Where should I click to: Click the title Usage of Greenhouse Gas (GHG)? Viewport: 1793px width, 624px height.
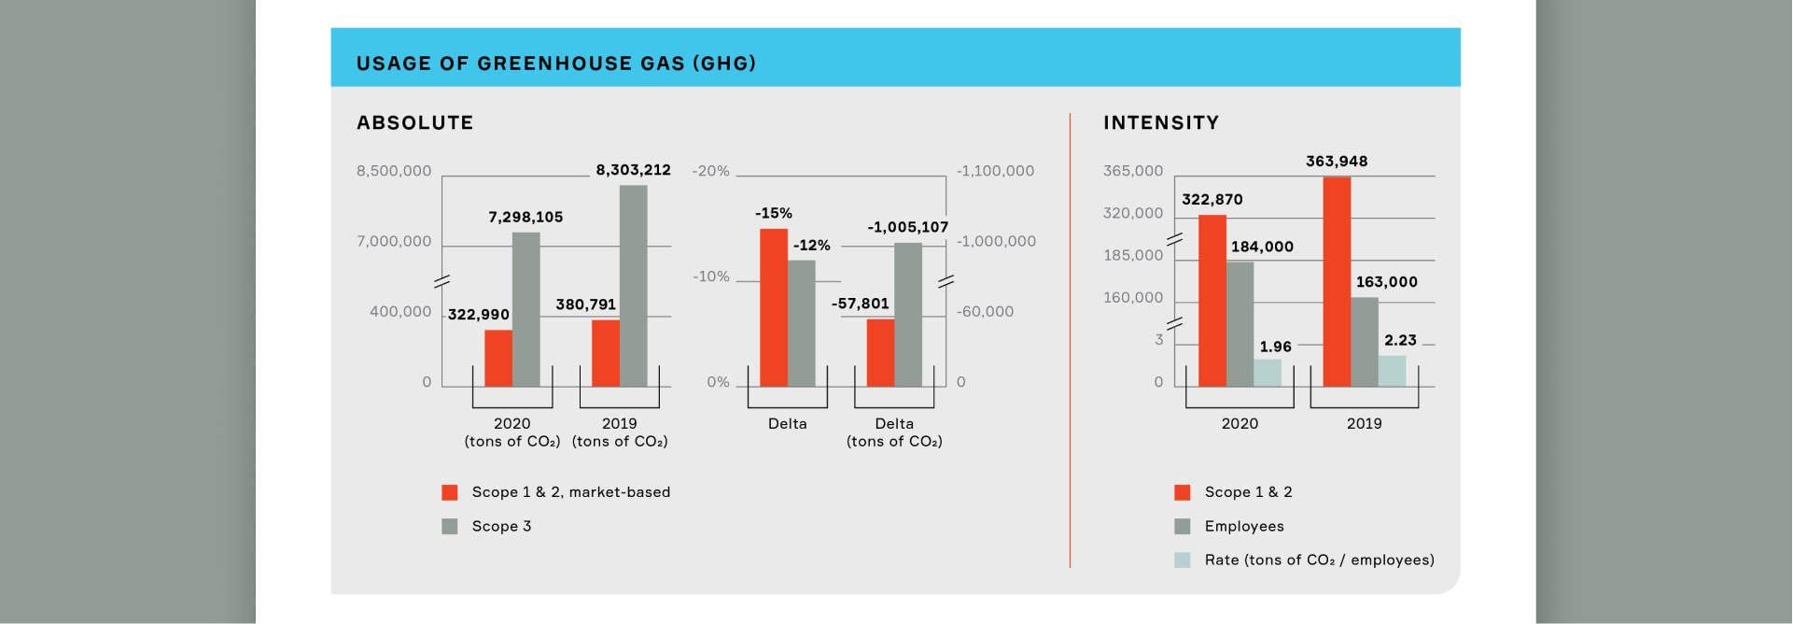(556, 64)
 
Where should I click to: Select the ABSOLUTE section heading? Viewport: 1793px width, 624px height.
(415, 122)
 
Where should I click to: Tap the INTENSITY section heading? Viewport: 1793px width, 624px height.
(1161, 122)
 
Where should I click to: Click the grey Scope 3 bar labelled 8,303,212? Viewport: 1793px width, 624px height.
(633, 286)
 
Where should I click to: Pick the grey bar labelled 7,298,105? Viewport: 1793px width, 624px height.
(525, 309)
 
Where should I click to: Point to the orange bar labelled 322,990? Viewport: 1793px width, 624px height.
(498, 358)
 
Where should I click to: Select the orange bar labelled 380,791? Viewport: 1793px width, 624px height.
(606, 353)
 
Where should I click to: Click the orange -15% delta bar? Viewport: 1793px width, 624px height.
(774, 307)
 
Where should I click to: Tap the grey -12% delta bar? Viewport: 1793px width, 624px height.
(802, 323)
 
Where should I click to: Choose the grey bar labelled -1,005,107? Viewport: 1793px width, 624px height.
(908, 315)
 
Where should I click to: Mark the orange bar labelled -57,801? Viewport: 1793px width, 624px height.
(880, 353)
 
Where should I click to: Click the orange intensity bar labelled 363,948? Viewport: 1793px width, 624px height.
(1337, 281)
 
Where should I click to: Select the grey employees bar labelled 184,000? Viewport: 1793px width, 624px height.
(1240, 324)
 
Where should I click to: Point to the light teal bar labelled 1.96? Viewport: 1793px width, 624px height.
(1268, 373)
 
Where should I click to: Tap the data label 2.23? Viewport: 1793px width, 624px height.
(1400, 340)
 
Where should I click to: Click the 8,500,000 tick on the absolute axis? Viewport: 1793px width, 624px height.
(394, 171)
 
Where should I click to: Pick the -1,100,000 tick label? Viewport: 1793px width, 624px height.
(995, 171)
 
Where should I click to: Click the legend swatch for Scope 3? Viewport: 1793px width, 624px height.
(450, 526)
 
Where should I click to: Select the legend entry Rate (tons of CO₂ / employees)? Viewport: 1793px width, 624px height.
(1319, 560)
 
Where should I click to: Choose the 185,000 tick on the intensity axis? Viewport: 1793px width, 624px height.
(1133, 255)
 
